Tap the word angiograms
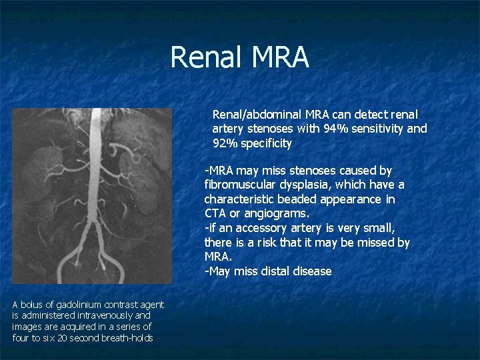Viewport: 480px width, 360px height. [x=279, y=214]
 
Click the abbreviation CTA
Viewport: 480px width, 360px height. [x=215, y=214]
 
